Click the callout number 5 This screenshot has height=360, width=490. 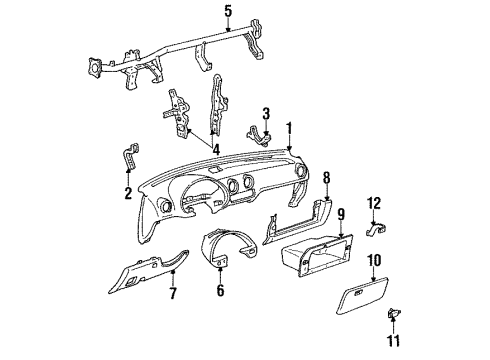point(228,11)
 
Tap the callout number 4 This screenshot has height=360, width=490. point(216,150)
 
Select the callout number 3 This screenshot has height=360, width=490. point(266,114)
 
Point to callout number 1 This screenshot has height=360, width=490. point(289,128)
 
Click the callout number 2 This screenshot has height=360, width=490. point(128,193)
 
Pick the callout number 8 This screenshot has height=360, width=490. point(326,178)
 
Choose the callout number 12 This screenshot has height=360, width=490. point(374,203)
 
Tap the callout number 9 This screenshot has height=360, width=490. point(340,215)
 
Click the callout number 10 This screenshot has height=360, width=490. point(374,260)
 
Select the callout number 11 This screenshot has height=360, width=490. point(393,341)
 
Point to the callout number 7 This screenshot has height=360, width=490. point(173,293)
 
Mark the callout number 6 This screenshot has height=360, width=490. point(220,290)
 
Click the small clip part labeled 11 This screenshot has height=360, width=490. point(393,314)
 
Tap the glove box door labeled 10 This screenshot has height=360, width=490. point(362,296)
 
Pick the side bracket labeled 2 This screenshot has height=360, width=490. point(131,156)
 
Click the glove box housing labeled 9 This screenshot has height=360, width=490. point(317,255)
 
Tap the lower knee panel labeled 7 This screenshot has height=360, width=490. point(147,272)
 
